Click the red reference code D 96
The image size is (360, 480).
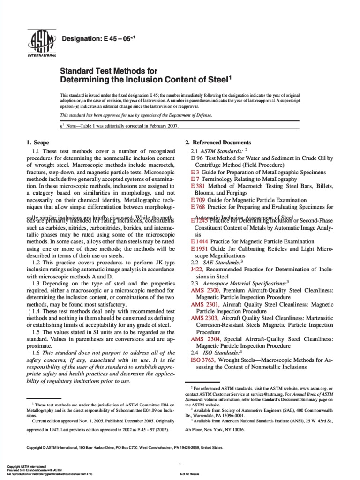coord(196,158)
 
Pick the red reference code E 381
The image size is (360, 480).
coord(198,186)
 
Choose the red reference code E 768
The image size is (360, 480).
coord(198,207)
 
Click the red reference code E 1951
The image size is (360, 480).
coord(200,249)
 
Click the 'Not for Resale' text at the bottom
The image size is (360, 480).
coord(189,474)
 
